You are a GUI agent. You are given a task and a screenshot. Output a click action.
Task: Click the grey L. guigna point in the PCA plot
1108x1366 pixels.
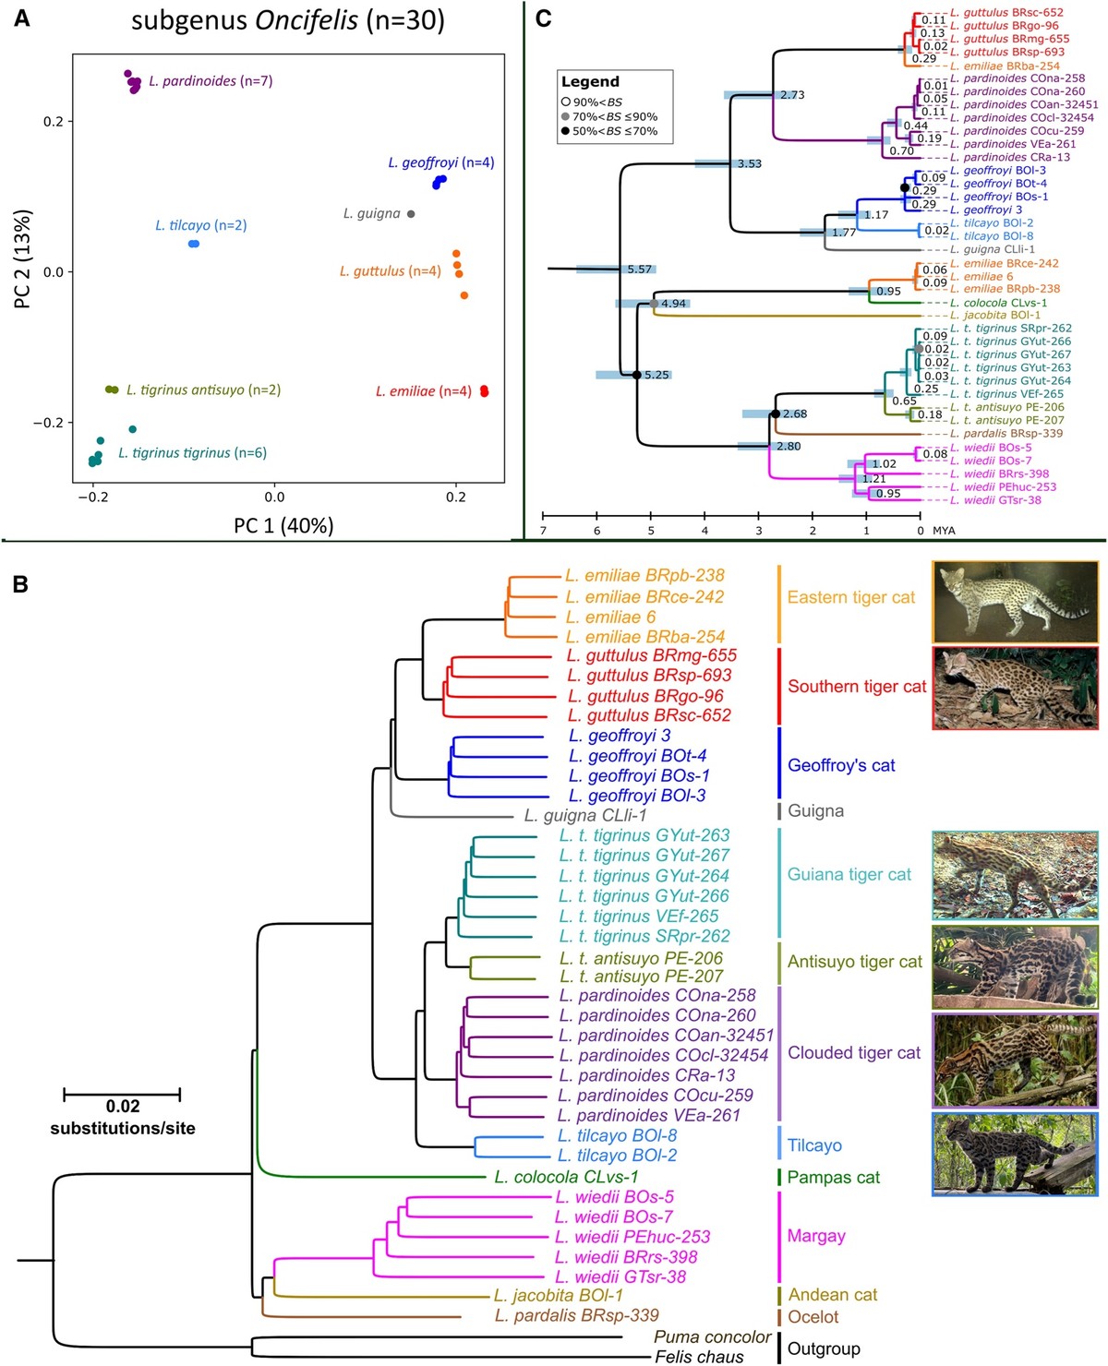[411, 213]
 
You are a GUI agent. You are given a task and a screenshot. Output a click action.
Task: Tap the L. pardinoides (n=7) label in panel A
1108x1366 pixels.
[211, 81]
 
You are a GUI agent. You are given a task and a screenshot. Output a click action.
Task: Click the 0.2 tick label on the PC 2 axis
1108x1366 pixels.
[54, 121]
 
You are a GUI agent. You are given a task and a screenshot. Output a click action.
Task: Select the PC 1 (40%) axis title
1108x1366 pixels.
[283, 526]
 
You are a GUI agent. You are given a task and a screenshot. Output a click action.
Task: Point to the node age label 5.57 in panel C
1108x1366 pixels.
[639, 270]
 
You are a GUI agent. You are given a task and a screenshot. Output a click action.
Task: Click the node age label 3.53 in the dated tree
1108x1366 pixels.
[750, 163]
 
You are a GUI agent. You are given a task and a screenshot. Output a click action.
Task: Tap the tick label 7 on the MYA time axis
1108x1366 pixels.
[543, 531]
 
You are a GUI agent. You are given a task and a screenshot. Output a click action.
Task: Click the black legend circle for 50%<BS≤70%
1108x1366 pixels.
[565, 131]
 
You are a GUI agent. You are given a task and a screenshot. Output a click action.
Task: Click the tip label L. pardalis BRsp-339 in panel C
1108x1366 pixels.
[1006, 434]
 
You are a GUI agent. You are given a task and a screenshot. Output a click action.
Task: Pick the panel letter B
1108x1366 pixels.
[20, 585]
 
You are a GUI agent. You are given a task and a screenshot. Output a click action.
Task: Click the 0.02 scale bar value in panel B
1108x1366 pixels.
[123, 1107]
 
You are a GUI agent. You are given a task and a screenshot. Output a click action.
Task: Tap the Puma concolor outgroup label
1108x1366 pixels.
[712, 1337]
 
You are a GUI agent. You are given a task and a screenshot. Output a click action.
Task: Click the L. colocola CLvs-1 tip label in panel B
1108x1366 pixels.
[566, 1177]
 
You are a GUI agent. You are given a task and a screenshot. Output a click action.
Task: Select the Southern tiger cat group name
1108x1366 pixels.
[857, 687]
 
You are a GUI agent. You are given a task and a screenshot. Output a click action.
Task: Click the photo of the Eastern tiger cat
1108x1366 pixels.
[1015, 602]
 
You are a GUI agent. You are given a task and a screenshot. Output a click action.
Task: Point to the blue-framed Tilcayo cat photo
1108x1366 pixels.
[1015, 1155]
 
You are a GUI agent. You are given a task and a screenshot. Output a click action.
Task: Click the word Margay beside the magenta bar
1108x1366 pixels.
[816, 1236]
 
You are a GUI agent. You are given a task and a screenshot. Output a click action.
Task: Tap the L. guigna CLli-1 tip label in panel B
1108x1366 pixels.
[585, 815]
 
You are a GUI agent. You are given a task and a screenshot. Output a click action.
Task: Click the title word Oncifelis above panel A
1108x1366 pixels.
[306, 21]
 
